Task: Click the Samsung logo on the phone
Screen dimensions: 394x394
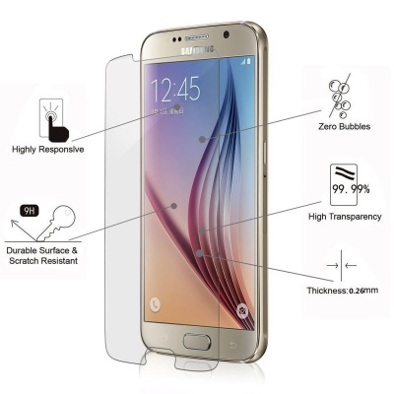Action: [197, 50]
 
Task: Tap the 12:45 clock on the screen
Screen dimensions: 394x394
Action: [175, 89]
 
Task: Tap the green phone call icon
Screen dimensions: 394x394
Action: [155, 304]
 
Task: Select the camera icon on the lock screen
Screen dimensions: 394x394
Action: [243, 310]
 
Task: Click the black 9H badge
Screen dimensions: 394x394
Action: [30, 211]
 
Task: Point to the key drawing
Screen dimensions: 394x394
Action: [56, 223]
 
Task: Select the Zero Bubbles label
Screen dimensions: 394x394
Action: [344, 127]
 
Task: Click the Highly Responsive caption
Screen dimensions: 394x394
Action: [48, 150]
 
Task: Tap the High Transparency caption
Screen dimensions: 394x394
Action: [345, 217]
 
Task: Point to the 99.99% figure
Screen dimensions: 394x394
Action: [351, 189]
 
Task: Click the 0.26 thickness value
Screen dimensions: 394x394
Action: [357, 291]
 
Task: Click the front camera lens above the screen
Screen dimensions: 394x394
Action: [227, 34]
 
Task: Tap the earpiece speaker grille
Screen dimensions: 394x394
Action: [197, 38]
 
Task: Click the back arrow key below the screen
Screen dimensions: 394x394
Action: [233, 345]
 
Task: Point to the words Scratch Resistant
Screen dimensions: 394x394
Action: [43, 261]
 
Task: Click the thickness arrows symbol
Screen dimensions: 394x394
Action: [342, 265]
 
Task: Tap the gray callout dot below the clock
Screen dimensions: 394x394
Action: [177, 107]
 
